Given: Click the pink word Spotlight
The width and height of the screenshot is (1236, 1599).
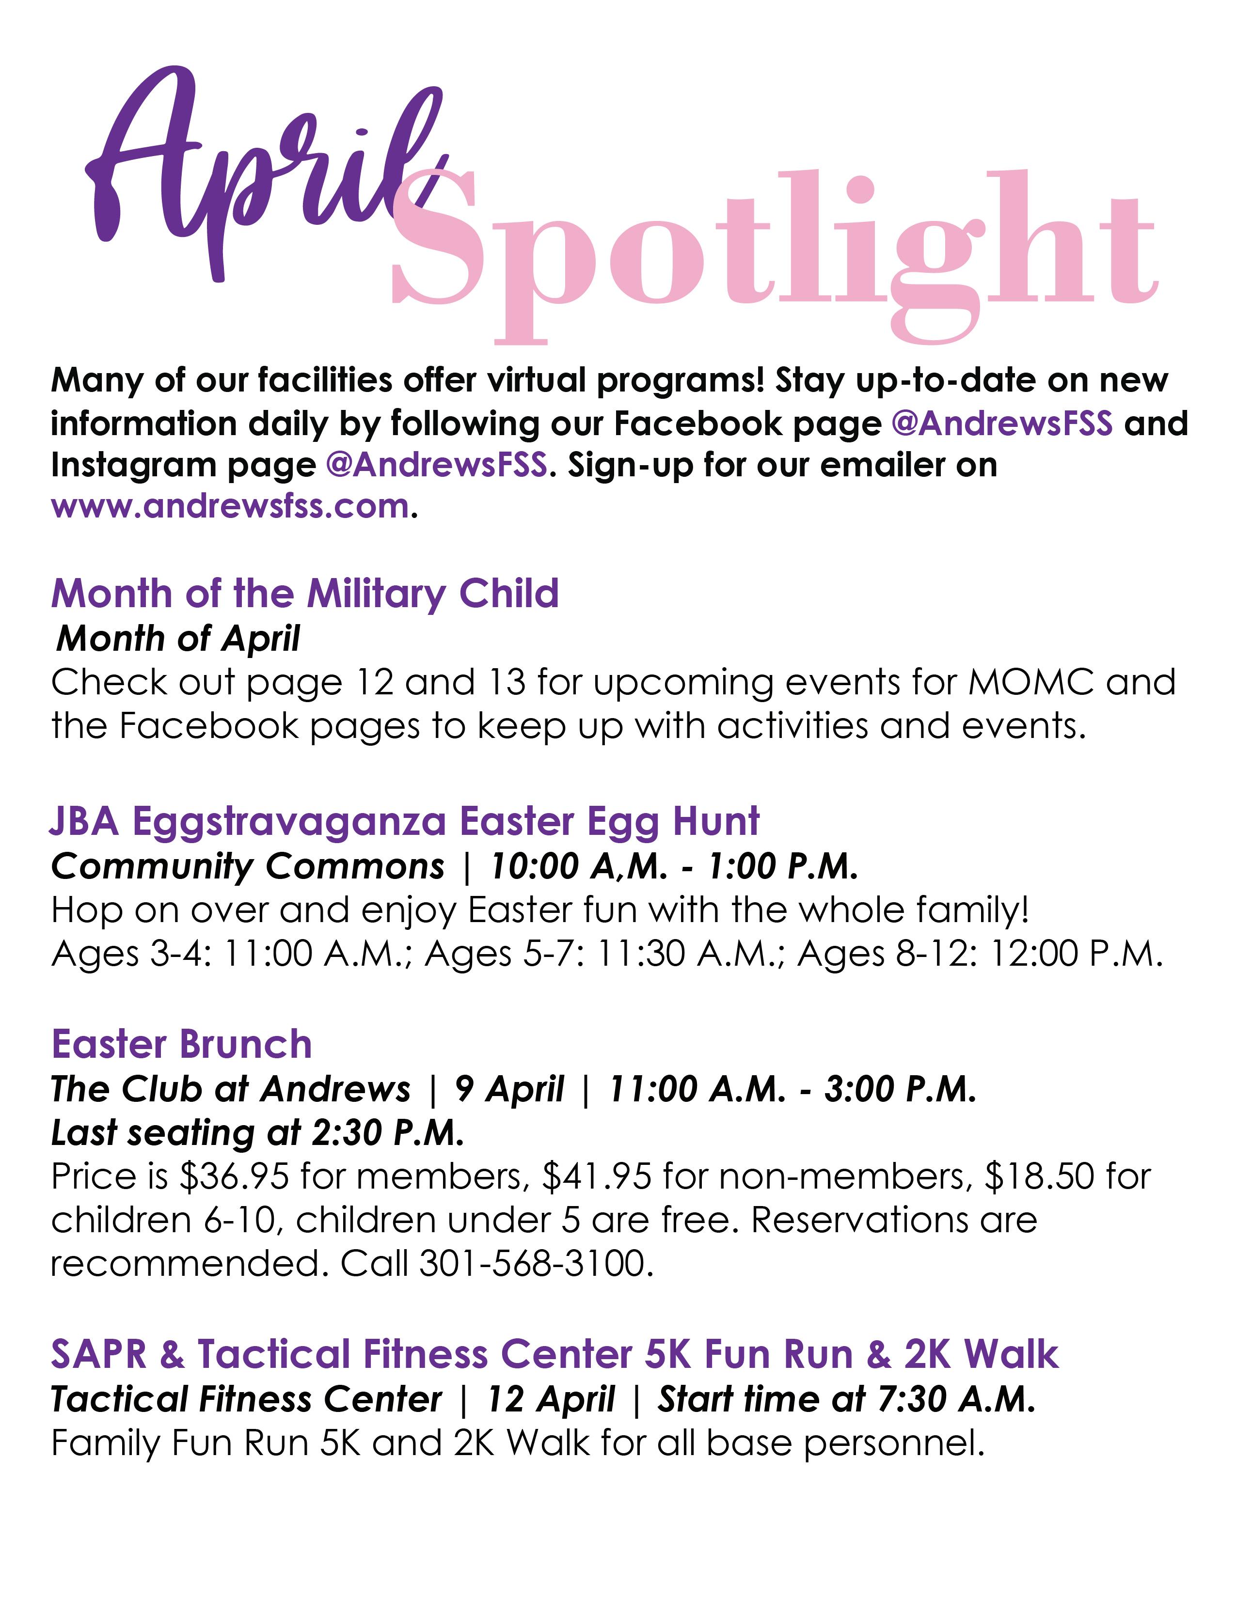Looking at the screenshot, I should coord(773,249).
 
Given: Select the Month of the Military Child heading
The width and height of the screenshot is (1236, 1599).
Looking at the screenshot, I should coord(304,594).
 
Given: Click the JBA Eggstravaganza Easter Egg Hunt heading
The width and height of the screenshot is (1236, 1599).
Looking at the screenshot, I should coord(405,821).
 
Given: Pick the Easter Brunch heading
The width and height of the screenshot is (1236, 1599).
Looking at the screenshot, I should coord(182,1045).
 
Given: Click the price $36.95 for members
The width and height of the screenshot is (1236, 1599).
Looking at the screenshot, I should coord(234,1176).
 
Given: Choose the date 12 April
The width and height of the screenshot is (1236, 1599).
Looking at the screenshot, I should coord(551,1400).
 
